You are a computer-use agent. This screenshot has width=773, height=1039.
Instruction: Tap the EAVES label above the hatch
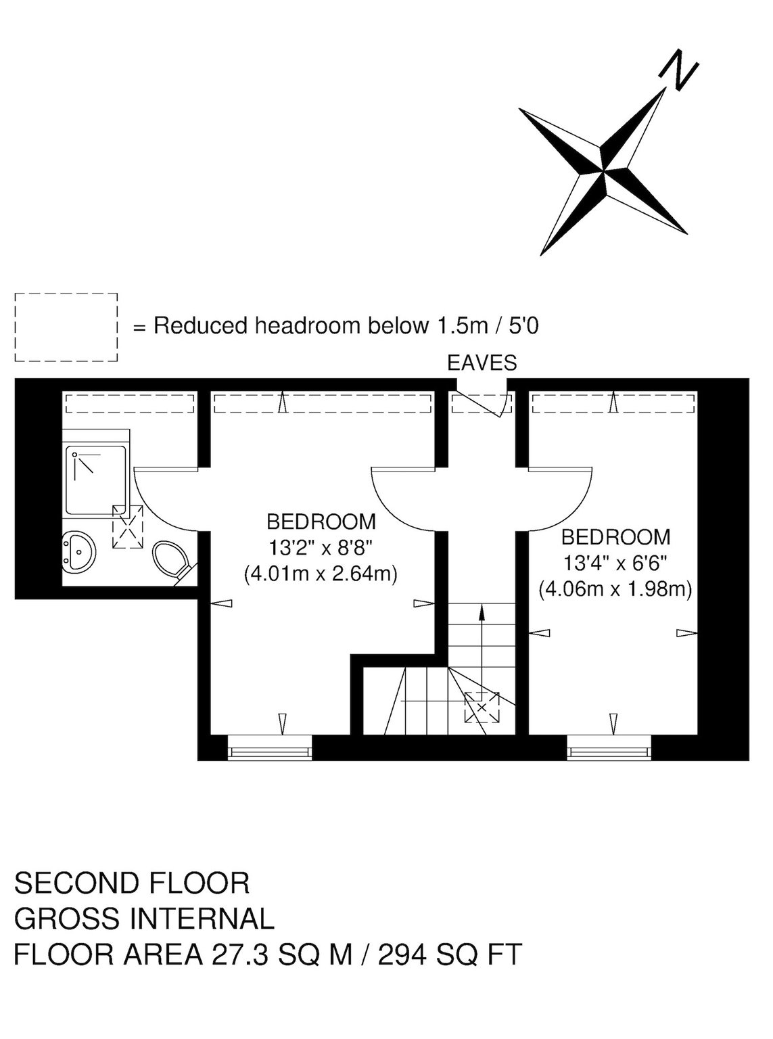coord(482,363)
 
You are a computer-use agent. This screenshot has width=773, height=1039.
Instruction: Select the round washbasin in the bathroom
coord(79,552)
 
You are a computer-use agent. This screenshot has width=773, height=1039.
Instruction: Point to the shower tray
coord(96,480)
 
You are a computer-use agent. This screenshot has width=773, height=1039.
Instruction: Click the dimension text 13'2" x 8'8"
coord(321,547)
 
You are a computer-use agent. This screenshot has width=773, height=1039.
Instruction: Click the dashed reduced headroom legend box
coord(66,327)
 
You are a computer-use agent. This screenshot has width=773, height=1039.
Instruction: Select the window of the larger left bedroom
coord(269,747)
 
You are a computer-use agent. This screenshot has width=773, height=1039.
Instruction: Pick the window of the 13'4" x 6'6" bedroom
coord(609,747)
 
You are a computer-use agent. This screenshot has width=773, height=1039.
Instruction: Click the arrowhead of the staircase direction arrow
coord(482,611)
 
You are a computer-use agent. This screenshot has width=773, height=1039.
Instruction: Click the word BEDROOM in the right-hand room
coord(615,537)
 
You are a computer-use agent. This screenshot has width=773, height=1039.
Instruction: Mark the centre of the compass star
coord(603,168)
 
